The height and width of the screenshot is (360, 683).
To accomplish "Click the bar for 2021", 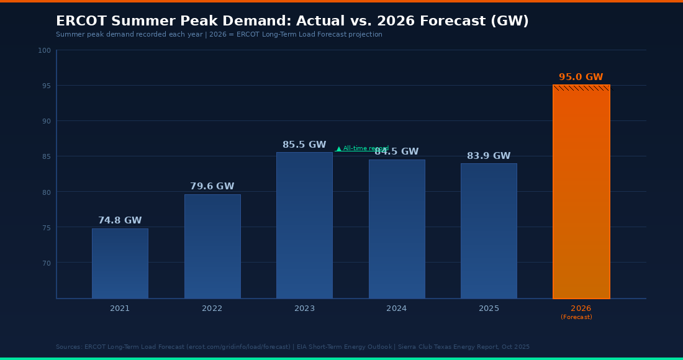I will [x=120, y=263].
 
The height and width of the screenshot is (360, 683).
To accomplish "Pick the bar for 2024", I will [x=397, y=229].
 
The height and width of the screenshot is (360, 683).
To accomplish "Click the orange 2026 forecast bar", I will [x=581, y=192].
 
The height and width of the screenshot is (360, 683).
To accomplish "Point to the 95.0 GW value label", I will [x=581, y=78].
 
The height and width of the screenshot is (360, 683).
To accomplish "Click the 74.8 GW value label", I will [x=120, y=221].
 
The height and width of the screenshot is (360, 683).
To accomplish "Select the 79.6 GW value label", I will [x=212, y=187].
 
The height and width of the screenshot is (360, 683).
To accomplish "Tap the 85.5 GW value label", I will [x=304, y=145].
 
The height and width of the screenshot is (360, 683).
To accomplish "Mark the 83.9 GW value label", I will [x=489, y=156].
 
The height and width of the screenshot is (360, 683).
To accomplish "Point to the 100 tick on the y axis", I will [x=44, y=50].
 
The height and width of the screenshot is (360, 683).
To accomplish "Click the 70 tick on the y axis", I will [x=45, y=263].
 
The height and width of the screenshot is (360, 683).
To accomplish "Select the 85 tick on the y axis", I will [x=45, y=156].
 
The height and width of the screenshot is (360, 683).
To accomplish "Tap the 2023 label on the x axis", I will [x=304, y=308].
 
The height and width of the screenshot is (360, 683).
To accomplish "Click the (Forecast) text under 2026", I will [x=576, y=317].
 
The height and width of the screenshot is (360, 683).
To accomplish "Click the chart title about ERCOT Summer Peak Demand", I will [x=292, y=21].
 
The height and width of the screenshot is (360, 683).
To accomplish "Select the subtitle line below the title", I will [x=219, y=35].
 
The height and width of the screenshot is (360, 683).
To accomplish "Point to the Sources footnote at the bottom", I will [x=292, y=347].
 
